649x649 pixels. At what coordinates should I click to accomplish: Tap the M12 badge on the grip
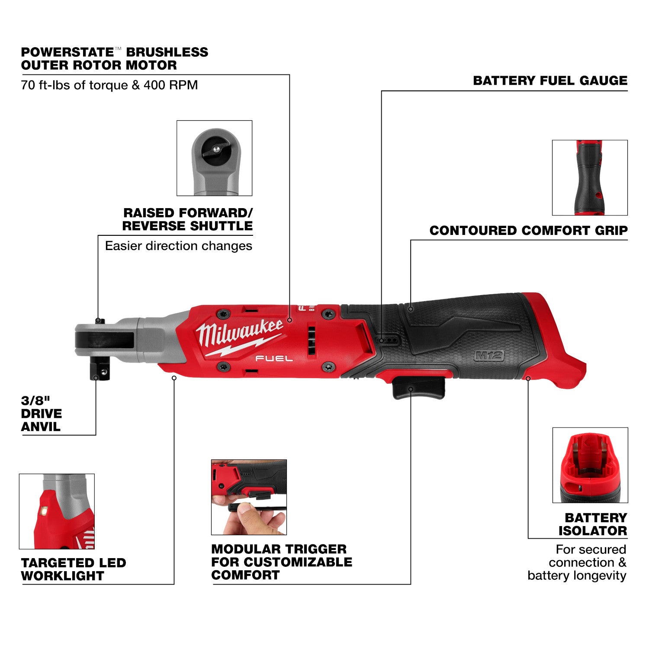489,356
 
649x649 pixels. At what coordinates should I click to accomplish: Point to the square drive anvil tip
100,371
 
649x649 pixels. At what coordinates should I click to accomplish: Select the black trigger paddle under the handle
418,388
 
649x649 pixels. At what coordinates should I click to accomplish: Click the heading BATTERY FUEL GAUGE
550,80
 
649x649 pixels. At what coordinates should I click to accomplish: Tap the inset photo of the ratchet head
214,158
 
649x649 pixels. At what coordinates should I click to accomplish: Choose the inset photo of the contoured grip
589,177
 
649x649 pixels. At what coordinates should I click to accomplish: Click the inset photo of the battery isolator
590,465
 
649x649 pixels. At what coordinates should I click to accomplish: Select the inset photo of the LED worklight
57,511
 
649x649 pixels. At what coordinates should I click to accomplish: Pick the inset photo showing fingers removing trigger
249,497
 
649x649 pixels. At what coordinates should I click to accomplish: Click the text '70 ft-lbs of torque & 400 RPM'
109,85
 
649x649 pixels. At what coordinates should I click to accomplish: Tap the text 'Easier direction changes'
178,246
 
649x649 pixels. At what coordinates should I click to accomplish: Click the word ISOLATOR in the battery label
592,531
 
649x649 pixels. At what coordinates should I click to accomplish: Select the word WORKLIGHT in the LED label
63,576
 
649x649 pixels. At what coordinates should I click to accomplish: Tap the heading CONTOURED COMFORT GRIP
528,231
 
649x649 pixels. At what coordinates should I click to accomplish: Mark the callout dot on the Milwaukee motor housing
289,321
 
